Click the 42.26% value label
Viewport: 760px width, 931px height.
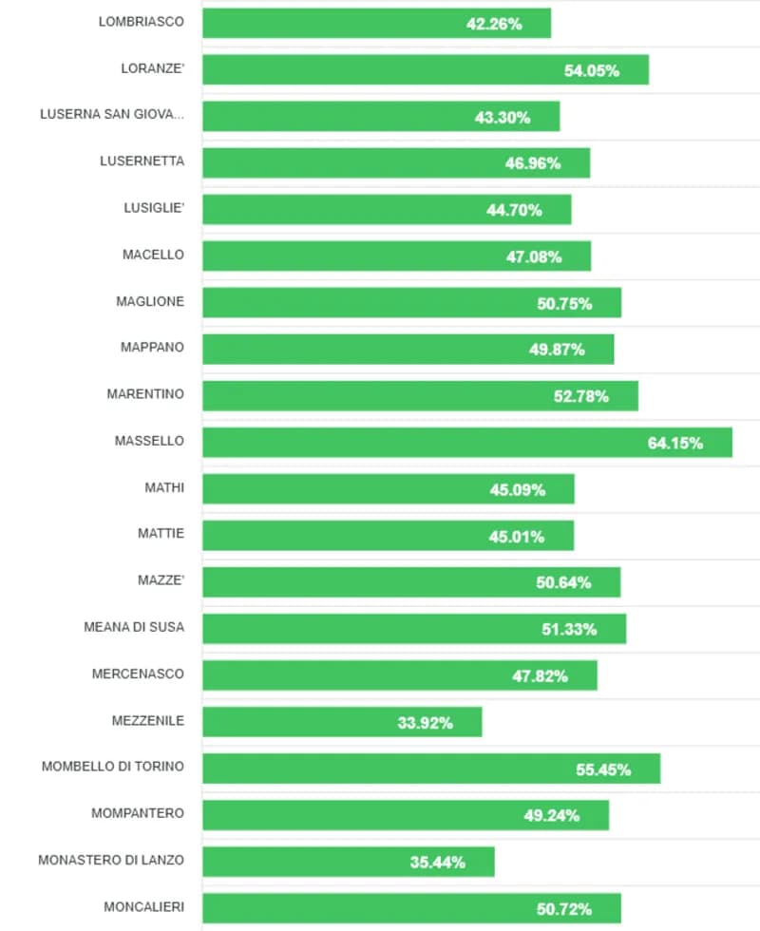pos(494,24)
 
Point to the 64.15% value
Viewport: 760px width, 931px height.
pos(675,443)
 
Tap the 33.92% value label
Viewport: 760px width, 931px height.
pos(425,723)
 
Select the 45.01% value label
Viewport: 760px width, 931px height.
pos(517,537)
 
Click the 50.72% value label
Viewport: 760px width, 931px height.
pos(564,909)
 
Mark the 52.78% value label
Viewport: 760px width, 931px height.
pos(581,396)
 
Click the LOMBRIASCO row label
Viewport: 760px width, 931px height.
pos(142,21)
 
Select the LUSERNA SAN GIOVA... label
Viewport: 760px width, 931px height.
pos(112,114)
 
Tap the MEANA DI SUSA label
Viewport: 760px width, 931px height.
pos(134,627)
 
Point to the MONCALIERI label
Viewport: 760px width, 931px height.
pos(144,906)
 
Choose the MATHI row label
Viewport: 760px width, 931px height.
pos(164,487)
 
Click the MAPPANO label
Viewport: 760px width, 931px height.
pos(152,347)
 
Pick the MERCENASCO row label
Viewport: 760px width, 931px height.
pos(138,674)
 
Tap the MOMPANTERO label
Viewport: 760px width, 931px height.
pos(138,813)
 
